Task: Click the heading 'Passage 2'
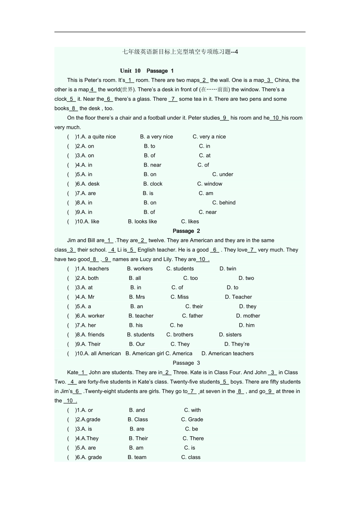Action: (186, 231)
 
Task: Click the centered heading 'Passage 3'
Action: (186, 363)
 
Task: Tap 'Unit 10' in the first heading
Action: (130, 71)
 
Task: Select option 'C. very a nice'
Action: (209, 137)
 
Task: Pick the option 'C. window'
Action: (210, 184)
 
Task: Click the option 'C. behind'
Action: (224, 203)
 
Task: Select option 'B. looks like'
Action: (142, 222)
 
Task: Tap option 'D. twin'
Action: (228, 269)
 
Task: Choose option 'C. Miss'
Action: (179, 297)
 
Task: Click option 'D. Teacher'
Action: (238, 297)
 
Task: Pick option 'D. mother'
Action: (248, 316)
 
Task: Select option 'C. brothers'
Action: (180, 335)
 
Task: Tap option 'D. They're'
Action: (237, 344)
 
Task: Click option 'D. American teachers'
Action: (227, 354)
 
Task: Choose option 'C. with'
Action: (193, 410)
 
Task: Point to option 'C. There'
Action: (193, 439)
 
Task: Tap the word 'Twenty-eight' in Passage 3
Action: (101, 391)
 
